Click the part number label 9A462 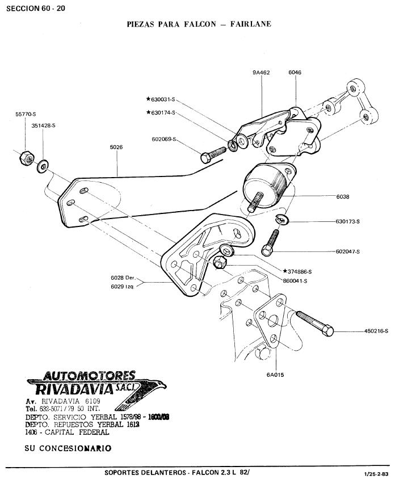pos(261,73)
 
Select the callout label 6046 pos(295,73)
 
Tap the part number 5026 pos(116,147)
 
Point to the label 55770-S pos(26,114)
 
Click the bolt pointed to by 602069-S pos(213,155)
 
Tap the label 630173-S pos(348,222)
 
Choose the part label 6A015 pos(275,375)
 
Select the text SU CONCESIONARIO pos(68,448)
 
